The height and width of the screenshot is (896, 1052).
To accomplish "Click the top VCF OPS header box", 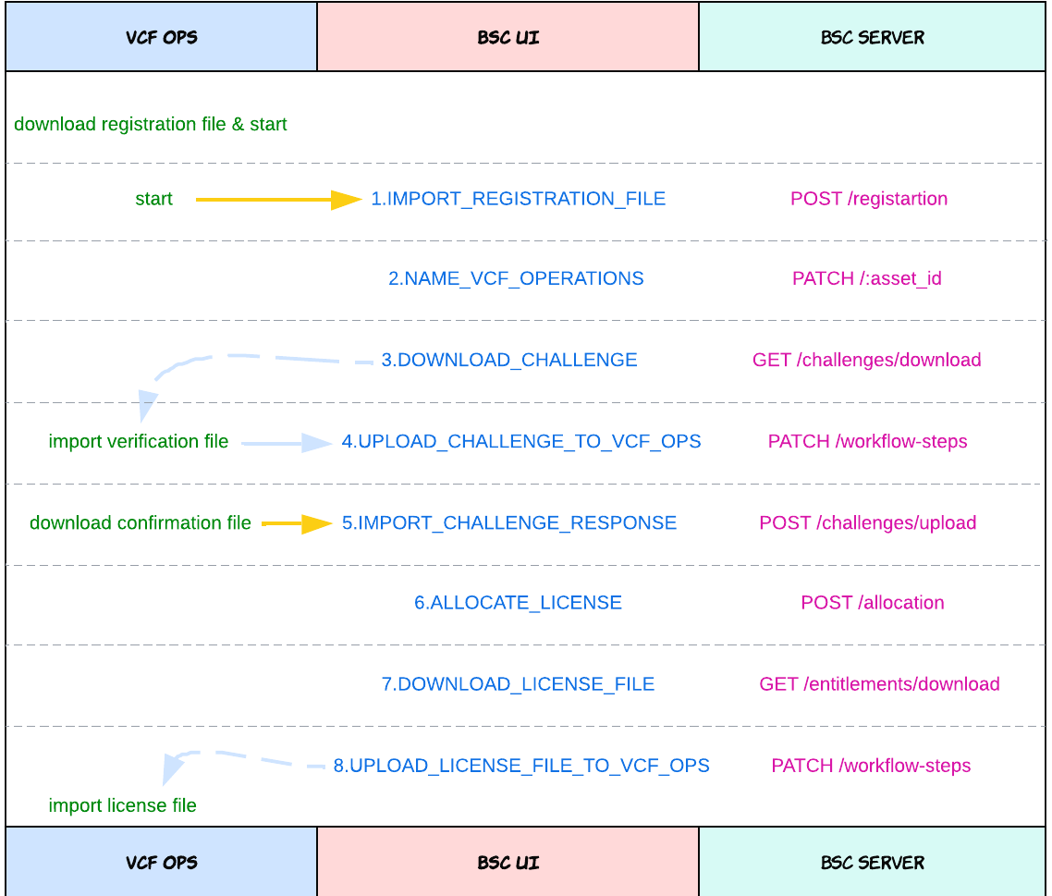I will (x=161, y=37).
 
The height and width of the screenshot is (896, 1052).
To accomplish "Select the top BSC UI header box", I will (x=508, y=37).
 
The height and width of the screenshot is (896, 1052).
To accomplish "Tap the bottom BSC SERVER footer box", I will (x=872, y=863).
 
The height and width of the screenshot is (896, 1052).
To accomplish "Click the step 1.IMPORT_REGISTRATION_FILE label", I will (x=518, y=199).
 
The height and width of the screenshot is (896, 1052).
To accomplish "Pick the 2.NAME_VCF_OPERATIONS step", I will (x=516, y=278).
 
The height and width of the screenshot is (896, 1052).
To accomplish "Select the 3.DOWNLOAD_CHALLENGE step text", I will (x=509, y=360).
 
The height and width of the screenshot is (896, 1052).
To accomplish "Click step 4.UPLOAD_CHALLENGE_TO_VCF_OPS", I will (x=521, y=441).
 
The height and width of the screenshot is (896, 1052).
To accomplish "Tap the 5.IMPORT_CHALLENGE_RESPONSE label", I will (x=509, y=522).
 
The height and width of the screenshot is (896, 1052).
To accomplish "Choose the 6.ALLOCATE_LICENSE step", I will (x=518, y=603).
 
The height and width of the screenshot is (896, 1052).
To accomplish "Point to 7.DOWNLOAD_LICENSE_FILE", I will (x=518, y=684).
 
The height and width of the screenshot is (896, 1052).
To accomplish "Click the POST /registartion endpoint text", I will (x=869, y=199).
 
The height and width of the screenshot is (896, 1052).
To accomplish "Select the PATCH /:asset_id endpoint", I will (x=867, y=278).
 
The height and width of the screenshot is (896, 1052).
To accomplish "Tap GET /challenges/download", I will (x=867, y=360).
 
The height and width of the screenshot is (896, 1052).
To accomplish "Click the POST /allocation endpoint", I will (x=873, y=603).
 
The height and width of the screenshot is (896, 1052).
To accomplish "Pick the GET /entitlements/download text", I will (x=879, y=684).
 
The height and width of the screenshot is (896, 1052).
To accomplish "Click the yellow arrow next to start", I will (x=277, y=199).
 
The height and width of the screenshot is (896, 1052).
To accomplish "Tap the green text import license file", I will (x=123, y=805).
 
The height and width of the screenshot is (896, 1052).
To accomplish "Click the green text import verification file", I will (x=139, y=441).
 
